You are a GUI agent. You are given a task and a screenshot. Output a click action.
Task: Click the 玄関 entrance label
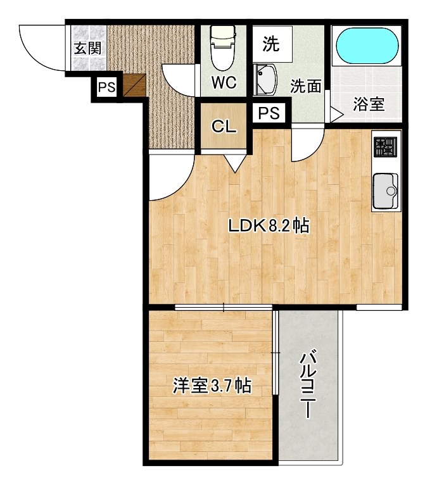point(87,47)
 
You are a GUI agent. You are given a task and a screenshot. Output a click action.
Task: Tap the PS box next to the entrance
point(106,88)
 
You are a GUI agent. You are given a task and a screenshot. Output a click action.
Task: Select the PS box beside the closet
point(269,114)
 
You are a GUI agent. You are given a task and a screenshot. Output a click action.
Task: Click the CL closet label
point(223,127)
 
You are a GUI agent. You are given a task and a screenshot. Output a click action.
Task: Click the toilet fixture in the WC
point(222,46)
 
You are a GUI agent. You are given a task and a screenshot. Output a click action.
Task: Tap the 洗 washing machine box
point(270,44)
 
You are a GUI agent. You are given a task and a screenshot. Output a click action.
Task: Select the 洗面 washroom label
point(305,87)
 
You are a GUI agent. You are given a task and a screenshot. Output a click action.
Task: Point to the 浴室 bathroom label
point(369,104)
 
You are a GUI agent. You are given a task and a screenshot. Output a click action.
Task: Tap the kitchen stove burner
point(384,148)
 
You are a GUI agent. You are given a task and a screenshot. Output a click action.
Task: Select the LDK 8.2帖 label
point(269,226)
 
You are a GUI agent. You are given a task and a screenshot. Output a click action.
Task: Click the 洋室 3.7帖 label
point(212,386)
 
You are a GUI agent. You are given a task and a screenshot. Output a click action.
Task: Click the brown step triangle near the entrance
point(134,85)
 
